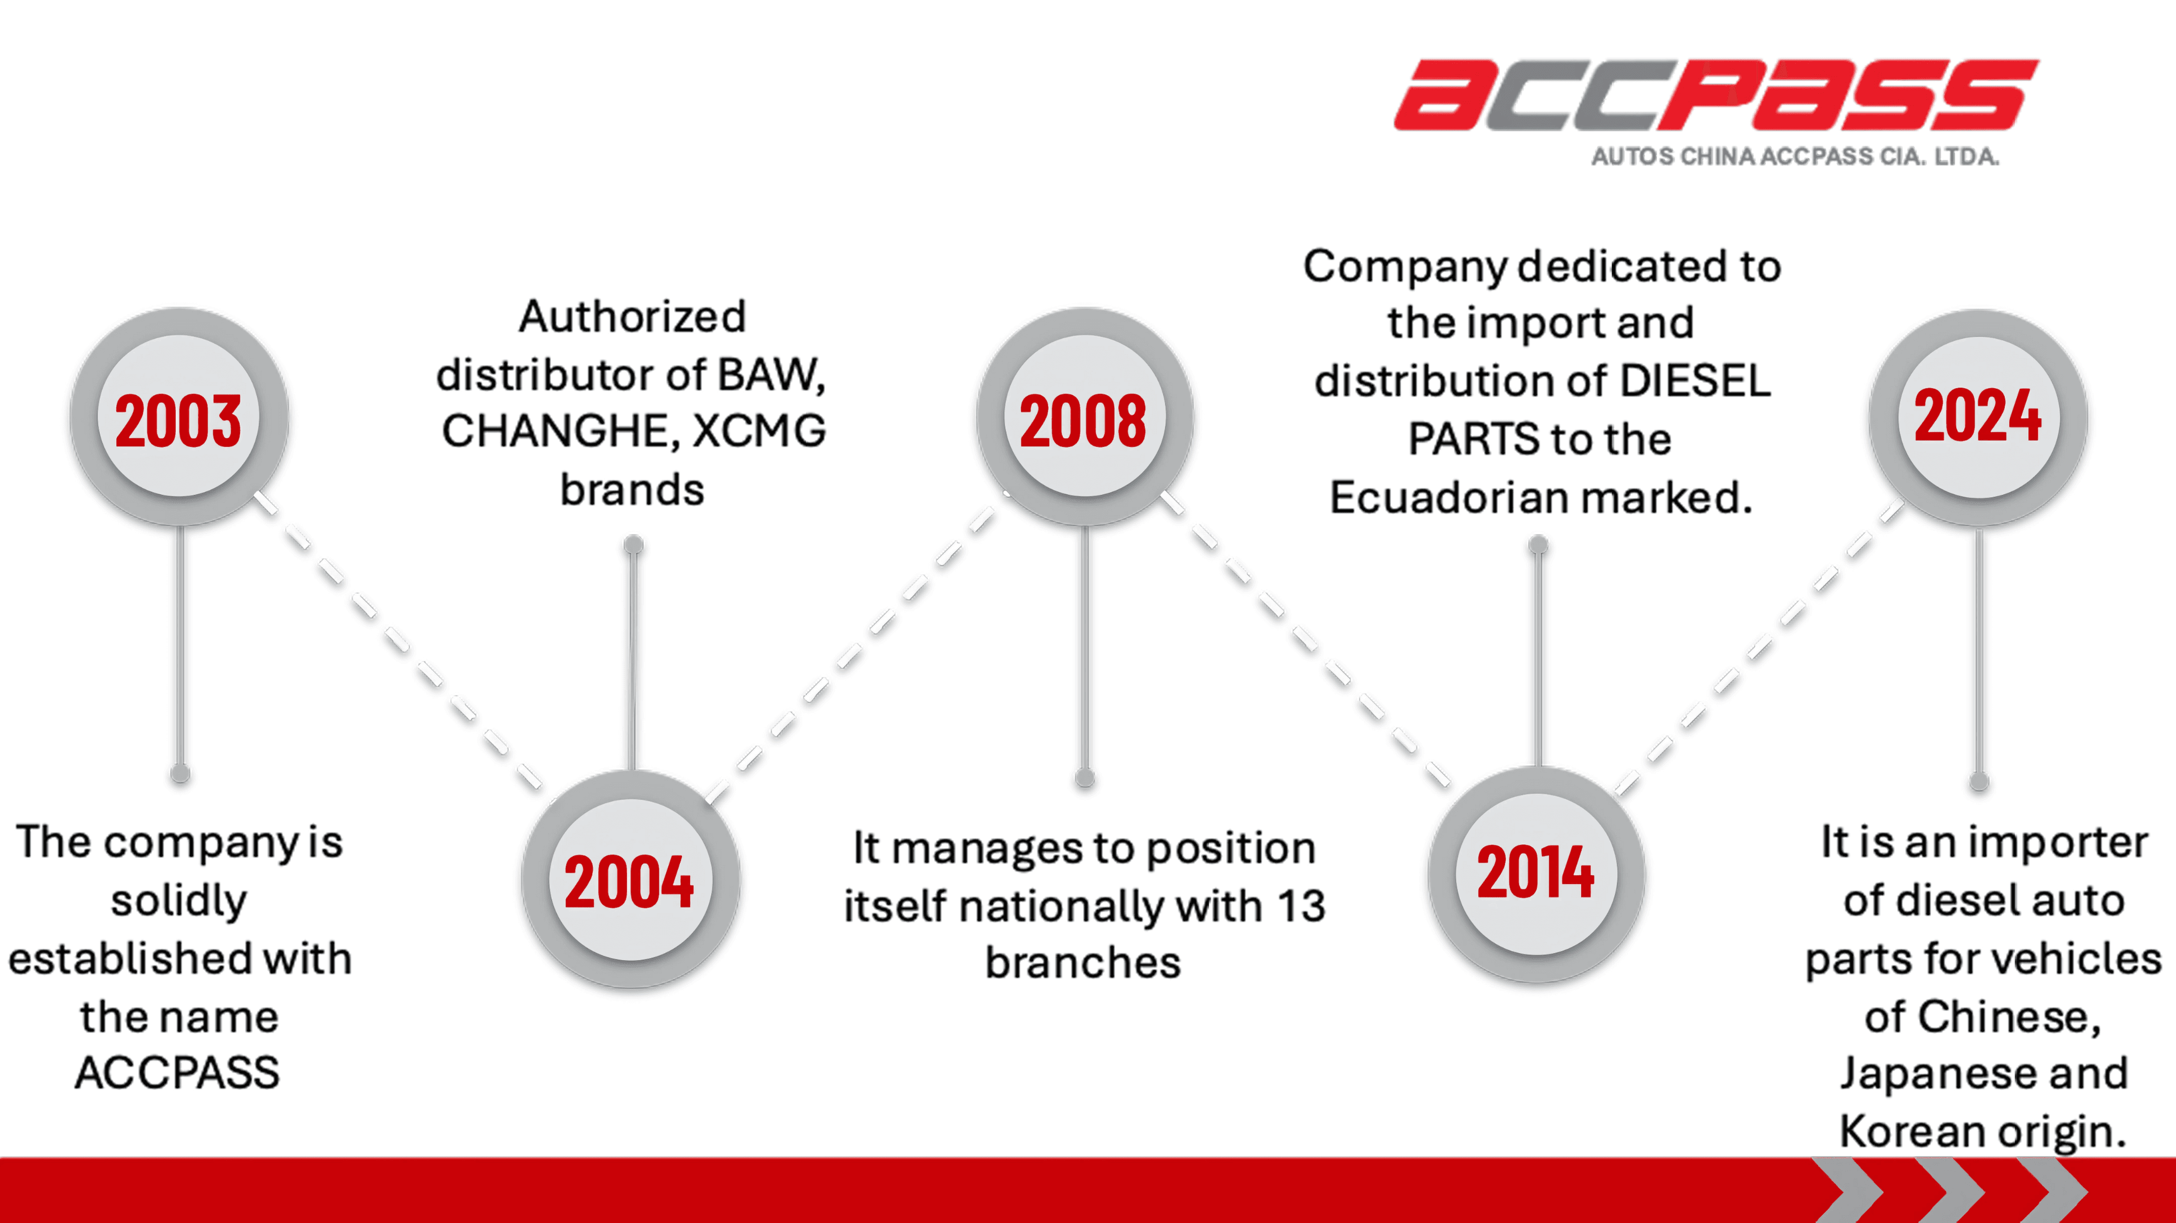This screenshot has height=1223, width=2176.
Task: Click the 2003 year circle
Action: click(x=179, y=416)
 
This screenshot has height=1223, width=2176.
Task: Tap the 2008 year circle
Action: click(x=1085, y=416)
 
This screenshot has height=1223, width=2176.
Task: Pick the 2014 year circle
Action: click(x=1536, y=874)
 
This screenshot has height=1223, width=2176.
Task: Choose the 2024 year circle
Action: click(x=1978, y=418)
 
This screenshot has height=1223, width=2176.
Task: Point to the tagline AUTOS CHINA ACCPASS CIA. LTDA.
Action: click(x=1795, y=156)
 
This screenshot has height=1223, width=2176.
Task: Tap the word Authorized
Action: click(x=633, y=317)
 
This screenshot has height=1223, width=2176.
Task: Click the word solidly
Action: click(x=179, y=901)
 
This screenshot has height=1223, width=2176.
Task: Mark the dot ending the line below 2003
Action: click(x=180, y=774)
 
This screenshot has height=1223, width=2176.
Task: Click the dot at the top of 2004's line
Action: click(x=634, y=545)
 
